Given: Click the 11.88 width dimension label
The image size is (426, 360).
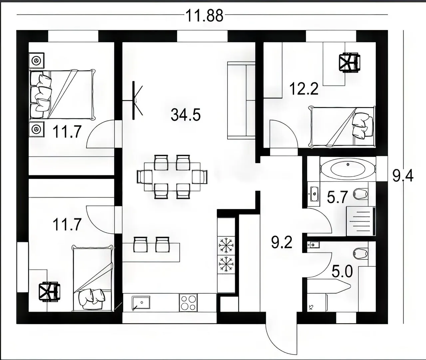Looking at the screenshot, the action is tap(205, 16).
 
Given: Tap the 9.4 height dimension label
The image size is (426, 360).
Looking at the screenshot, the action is tap(403, 176).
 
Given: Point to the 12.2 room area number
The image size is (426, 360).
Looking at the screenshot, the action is tap(304, 89).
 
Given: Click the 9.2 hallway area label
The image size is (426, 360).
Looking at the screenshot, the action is tap(281, 242).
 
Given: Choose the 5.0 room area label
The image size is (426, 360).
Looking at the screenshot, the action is tap(342, 271).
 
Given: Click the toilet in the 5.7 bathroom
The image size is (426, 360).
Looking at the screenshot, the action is tap(360, 194).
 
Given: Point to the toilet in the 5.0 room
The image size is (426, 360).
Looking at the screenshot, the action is tap(360, 254).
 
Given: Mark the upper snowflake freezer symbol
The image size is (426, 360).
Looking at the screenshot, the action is tap(226, 246).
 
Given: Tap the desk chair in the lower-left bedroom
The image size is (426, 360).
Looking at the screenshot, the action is tap(49, 291).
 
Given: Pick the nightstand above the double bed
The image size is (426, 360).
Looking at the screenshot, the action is tap(37, 60).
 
